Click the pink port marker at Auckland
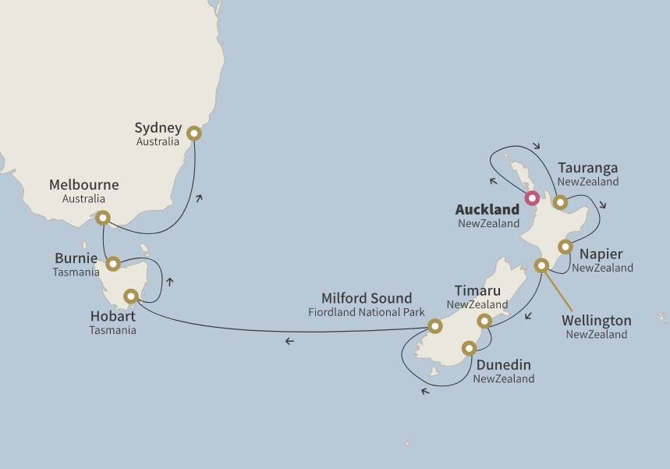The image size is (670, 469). click(532, 197)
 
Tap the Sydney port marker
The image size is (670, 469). click(193, 133)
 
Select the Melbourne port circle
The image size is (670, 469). click(102, 218)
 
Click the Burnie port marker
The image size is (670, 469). click(113, 264)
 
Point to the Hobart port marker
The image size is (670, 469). click(131, 297)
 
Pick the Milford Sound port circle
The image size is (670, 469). click(434, 325)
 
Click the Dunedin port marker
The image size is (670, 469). click(469, 348)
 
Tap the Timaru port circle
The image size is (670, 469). click(484, 321)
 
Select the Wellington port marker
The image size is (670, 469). click(541, 265)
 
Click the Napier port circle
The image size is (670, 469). click(565, 247)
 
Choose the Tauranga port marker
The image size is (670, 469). click(560, 202)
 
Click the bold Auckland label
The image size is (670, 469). click(487, 210)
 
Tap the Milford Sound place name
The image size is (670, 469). click(367, 299)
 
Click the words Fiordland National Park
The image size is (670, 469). click(367, 313)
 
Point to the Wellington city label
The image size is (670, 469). click(597, 321)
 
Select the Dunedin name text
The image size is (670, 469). click(503, 364)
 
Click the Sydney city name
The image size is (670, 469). click(158, 128)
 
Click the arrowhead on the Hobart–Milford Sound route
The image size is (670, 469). click(289, 341)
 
